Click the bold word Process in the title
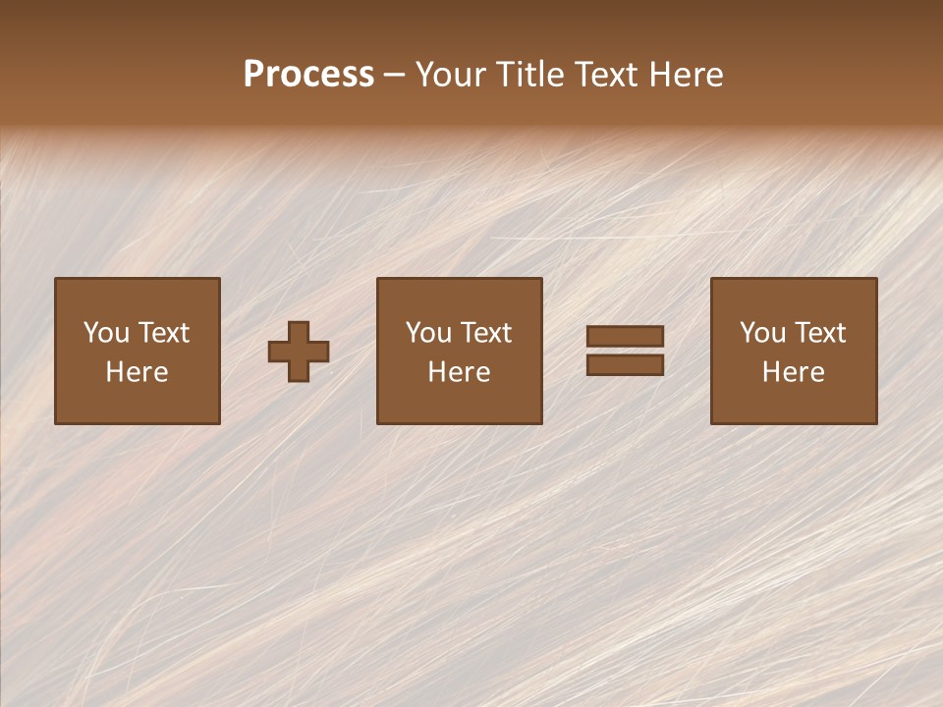pyautogui.click(x=308, y=75)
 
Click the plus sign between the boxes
pyautogui.click(x=299, y=352)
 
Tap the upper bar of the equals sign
pyautogui.click(x=625, y=336)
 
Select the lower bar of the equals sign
pyautogui.click(x=625, y=365)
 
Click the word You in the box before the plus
pyautogui.click(x=106, y=333)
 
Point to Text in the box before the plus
pyautogui.click(x=164, y=333)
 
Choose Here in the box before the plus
pyautogui.click(x=137, y=372)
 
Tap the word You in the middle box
pyautogui.click(x=428, y=333)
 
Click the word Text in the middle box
pyautogui.click(x=486, y=333)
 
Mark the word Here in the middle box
pyautogui.click(x=459, y=372)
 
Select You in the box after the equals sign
pyautogui.click(x=762, y=333)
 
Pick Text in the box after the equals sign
pyautogui.click(x=820, y=333)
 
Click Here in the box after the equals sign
pyautogui.click(x=793, y=372)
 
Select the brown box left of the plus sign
pyautogui.click(x=137, y=403)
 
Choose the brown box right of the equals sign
pyautogui.click(x=793, y=403)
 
